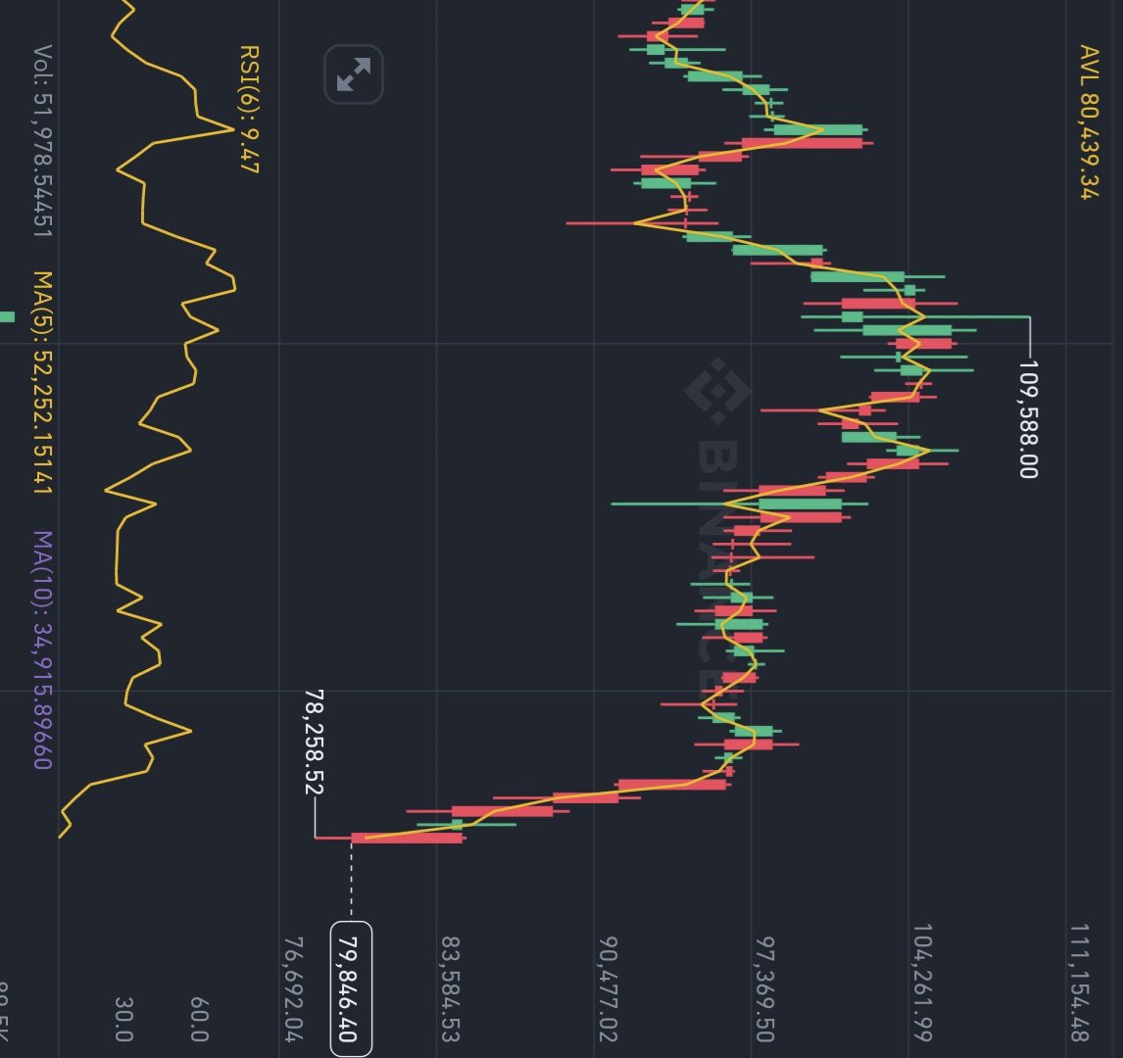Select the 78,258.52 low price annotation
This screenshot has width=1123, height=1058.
(x=315, y=742)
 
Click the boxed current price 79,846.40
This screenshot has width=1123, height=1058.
(x=351, y=988)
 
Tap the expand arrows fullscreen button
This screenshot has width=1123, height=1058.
(x=353, y=74)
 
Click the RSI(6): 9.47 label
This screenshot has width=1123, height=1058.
(x=248, y=108)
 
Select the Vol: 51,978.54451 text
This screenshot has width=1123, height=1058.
(x=44, y=141)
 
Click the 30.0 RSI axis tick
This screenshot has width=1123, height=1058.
(x=124, y=1020)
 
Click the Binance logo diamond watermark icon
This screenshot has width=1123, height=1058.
(x=716, y=392)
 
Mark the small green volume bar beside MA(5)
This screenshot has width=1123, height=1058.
(x=7, y=316)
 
